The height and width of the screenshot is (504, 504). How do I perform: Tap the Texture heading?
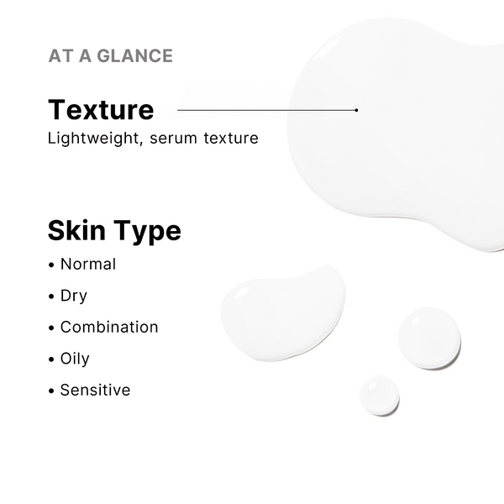tap(101, 110)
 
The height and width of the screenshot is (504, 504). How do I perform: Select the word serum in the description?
tap(175, 138)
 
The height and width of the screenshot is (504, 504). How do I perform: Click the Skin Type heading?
tap(114, 230)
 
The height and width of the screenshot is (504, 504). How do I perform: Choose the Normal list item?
tap(87, 264)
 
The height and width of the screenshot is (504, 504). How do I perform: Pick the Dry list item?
tap(73, 296)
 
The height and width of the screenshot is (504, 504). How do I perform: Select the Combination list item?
tap(108, 327)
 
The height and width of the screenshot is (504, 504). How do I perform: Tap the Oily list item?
tap(75, 359)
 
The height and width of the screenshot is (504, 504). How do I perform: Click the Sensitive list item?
tap(95, 390)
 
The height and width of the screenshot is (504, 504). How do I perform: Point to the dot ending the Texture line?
tap(356, 110)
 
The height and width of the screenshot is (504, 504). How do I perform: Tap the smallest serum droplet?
tap(379, 396)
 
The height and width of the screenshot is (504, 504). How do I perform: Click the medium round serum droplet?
tap(429, 338)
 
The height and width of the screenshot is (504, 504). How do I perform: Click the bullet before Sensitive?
tap(53, 391)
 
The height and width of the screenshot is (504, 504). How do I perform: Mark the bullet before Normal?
tap(53, 265)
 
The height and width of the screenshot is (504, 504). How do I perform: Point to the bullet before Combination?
tap(53, 328)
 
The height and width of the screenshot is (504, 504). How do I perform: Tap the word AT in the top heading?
tap(60, 56)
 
